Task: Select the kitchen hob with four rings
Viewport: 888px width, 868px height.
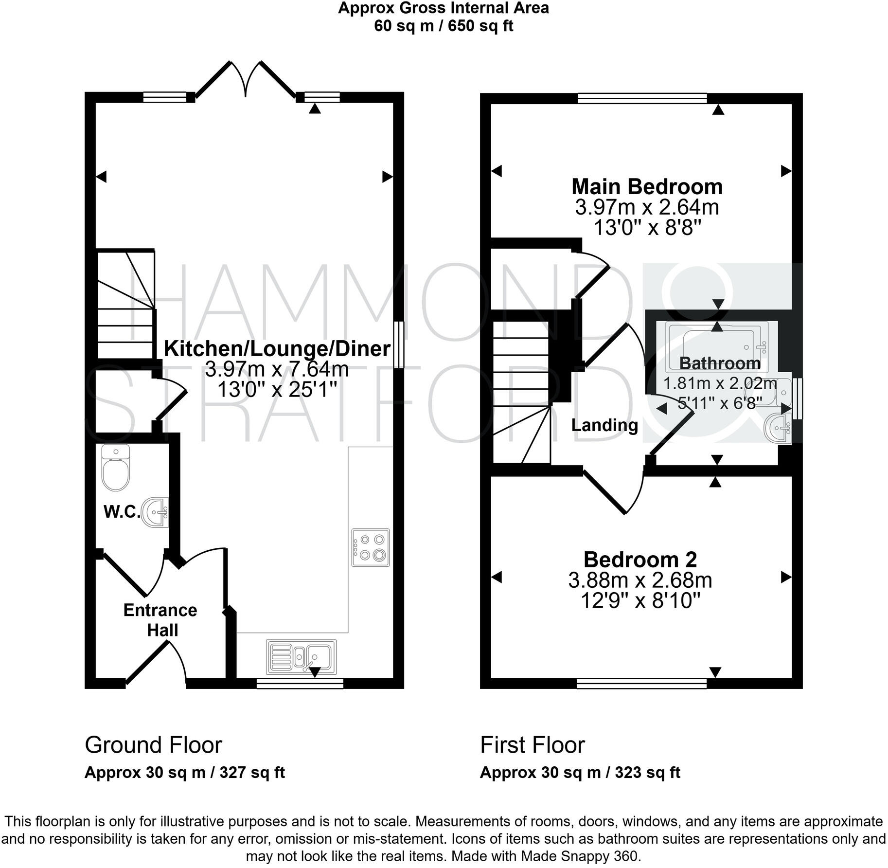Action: coord(371,547)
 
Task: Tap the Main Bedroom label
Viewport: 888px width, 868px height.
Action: coord(646,187)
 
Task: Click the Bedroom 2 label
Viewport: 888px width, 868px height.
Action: coord(640,560)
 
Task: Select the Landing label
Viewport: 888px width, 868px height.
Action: coord(604,425)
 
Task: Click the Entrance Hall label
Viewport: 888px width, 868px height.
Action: coord(160,620)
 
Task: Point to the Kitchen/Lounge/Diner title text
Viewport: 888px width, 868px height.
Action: coord(277,349)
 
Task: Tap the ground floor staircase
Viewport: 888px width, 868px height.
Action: coord(125,304)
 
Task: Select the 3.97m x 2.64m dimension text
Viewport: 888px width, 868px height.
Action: coord(647,208)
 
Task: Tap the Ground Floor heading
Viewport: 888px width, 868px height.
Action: coord(153,745)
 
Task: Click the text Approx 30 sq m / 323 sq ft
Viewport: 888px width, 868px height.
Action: coord(580,772)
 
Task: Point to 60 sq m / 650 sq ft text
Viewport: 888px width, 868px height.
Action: coord(443,26)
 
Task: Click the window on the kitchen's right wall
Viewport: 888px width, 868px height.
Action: coord(398,344)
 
